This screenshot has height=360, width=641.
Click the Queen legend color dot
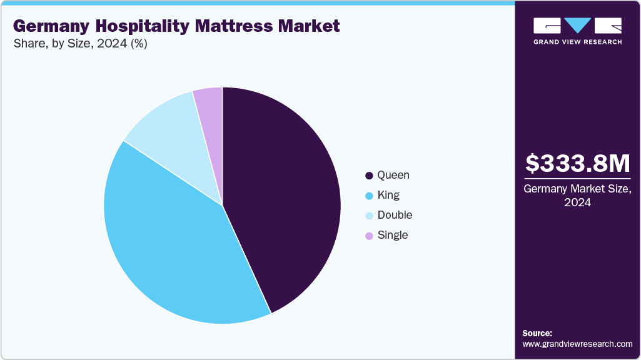point(369,176)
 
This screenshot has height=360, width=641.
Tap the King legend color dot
point(369,196)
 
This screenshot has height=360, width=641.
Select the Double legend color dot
point(369,216)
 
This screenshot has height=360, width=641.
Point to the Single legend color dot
point(369,236)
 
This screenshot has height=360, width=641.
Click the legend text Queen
point(393,176)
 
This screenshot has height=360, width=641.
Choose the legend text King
point(388,196)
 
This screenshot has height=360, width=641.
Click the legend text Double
point(395,216)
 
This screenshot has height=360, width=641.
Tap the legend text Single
point(393,236)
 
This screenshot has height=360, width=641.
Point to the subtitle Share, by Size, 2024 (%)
point(80,44)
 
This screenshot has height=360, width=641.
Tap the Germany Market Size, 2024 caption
point(577,196)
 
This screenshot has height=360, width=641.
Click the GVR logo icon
point(577,25)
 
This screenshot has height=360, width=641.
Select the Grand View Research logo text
point(577,42)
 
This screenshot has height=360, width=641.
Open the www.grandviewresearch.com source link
point(577,344)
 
